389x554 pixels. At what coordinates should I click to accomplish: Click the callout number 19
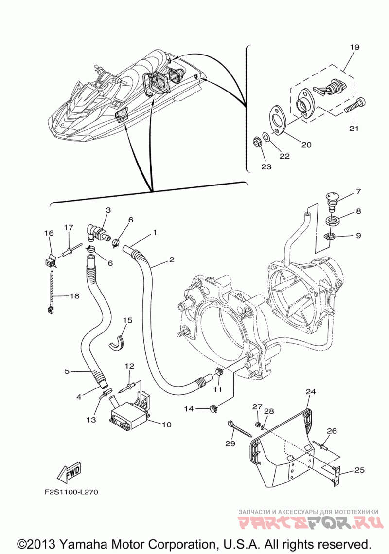tap(354, 48)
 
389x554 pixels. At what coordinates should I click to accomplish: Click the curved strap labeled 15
tap(117, 340)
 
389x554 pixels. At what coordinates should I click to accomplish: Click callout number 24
tap(311, 391)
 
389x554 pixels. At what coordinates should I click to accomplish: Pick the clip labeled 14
tap(213, 408)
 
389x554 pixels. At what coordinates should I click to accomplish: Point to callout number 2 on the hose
tap(171, 260)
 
